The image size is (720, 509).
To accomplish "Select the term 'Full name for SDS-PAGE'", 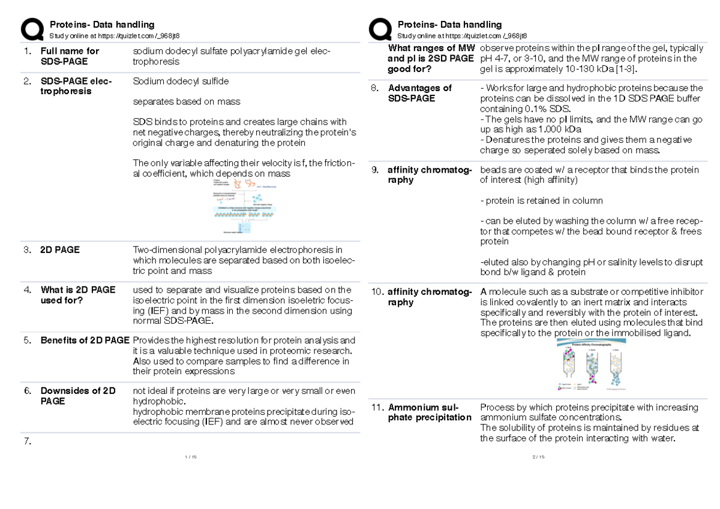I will [x=70, y=56].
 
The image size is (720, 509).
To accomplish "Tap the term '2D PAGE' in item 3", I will [x=60, y=250].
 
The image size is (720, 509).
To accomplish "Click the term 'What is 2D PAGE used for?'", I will [x=78, y=295].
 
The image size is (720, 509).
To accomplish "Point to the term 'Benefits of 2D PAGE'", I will [x=85, y=340].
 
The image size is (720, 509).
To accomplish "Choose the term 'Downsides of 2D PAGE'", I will [x=78, y=396].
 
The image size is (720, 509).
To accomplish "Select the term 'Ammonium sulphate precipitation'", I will [x=430, y=412].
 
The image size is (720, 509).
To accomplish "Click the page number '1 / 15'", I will [x=191, y=457].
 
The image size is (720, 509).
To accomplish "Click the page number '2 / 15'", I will [x=538, y=457].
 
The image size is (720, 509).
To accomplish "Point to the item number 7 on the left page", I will [x=27, y=442].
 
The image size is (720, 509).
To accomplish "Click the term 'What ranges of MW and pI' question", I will [x=431, y=58].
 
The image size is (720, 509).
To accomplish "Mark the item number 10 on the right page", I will [x=377, y=292].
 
